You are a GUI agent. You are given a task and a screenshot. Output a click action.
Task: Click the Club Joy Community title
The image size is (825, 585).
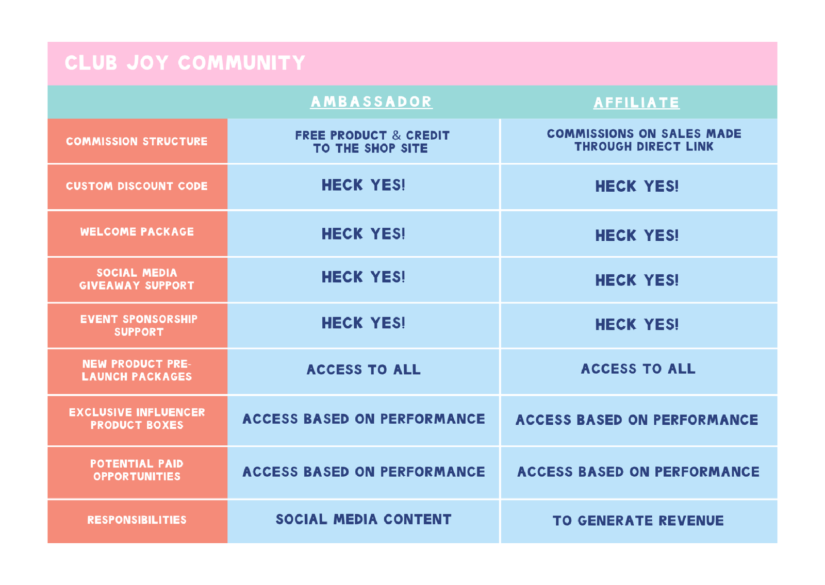coord(185,62)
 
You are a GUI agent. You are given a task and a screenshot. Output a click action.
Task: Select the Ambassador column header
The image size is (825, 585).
coord(371,102)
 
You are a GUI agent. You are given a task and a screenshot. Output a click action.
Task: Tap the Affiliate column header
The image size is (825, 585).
coord(636,103)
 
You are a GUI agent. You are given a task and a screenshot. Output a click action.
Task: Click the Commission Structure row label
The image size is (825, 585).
coord(137,141)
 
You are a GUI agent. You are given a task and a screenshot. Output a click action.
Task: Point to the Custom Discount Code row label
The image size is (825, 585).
coord(137,186)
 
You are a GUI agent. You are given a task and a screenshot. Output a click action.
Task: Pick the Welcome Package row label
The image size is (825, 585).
coord(137,232)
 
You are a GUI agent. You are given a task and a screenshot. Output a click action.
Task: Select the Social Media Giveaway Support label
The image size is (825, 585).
coord(137,279)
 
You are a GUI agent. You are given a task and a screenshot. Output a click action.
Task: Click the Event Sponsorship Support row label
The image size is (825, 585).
coord(139,325)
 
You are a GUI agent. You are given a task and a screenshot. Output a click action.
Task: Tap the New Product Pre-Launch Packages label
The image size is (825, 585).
coord(137,371)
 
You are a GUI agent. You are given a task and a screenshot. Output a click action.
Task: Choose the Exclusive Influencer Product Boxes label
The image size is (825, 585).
coord(137,419)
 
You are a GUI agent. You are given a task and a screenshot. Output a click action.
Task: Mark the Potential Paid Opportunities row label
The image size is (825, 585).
coord(137,470)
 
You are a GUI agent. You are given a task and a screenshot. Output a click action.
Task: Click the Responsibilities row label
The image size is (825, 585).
coord(137,520)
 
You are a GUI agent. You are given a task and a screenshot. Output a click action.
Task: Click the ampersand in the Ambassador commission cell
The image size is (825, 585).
coord(397,135)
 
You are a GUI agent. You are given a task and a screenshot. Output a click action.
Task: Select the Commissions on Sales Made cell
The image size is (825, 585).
coord(644,140)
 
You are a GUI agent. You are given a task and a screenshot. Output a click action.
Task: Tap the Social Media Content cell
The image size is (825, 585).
coord(364,520)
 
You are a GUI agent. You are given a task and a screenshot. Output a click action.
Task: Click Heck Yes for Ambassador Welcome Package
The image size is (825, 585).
coord(363,234)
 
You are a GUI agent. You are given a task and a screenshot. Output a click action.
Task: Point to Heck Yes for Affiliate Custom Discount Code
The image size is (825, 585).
coord(637,186)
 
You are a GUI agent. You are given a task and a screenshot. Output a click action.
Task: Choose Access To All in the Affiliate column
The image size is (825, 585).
coord(638,369)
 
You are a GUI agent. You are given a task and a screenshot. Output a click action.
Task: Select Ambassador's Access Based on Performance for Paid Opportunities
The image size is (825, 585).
coord(364,472)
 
